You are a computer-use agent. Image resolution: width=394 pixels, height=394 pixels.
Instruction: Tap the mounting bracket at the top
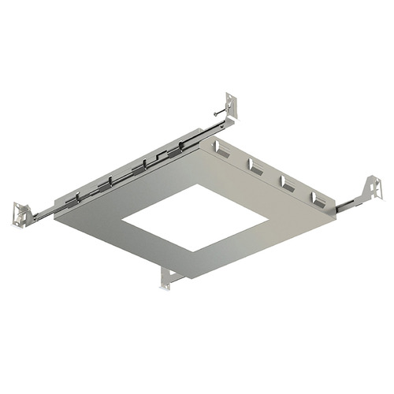point(232,106)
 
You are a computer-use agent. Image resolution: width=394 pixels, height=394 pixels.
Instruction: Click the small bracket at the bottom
point(169,277)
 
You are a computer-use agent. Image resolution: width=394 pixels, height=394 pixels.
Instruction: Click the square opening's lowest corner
point(193,251)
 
